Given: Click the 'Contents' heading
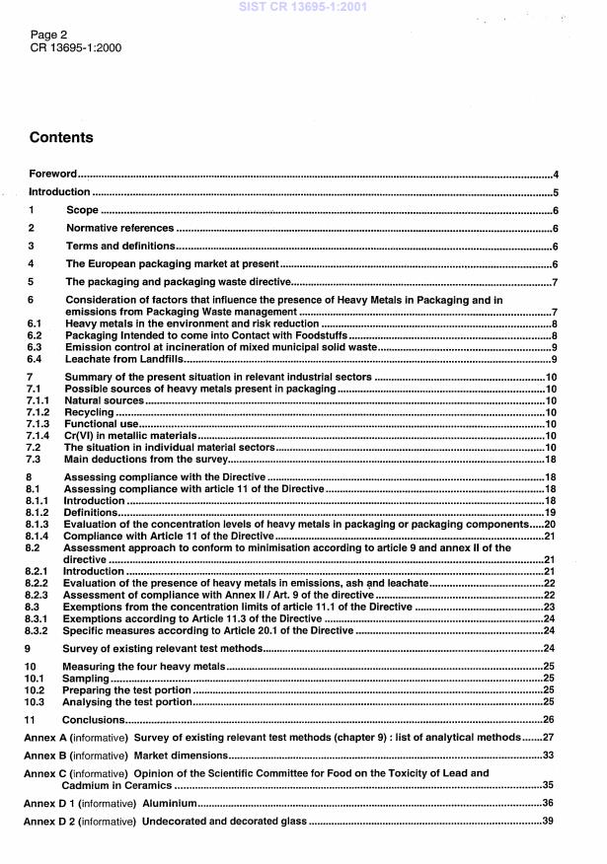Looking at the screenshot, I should coord(61,138).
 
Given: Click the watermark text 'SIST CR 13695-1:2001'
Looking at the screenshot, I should coord(304,6).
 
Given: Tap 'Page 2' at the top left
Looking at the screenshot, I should coord(48,34).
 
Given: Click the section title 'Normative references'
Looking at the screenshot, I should coord(119,228).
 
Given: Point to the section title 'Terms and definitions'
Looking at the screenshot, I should coord(120,246).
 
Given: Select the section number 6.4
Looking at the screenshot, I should coord(35,360).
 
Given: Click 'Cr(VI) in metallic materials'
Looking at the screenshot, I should coord(130,435).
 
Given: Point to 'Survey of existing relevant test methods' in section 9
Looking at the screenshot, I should coord(163,648).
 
